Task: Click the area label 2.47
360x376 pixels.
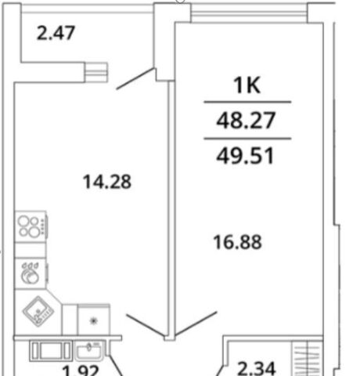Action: coord(56,33)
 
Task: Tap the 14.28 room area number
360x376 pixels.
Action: coord(107,182)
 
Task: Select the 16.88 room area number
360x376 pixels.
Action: coord(237,242)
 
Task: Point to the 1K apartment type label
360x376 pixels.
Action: coord(247,85)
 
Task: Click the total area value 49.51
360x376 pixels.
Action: coord(245,156)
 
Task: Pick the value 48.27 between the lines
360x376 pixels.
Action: coord(246,120)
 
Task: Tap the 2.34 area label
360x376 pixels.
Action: coord(257,368)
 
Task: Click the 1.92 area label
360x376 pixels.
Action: coord(81,371)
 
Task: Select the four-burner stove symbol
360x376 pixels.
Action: coord(31,226)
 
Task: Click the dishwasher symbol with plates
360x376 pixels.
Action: coord(31,273)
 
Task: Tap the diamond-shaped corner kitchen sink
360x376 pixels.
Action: coord(38,311)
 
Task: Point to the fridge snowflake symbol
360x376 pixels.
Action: coord(94,320)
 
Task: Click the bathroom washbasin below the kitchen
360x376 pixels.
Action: coord(89,351)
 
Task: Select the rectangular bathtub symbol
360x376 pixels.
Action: coord(51,351)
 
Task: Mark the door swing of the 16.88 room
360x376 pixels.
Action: coord(196,324)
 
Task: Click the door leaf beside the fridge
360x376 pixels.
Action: coord(146,325)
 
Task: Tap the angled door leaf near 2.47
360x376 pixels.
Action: coord(135,78)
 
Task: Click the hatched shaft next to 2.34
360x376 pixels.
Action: coord(307,359)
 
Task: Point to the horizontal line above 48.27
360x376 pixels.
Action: coord(247,102)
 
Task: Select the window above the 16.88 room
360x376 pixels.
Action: coord(249,13)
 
